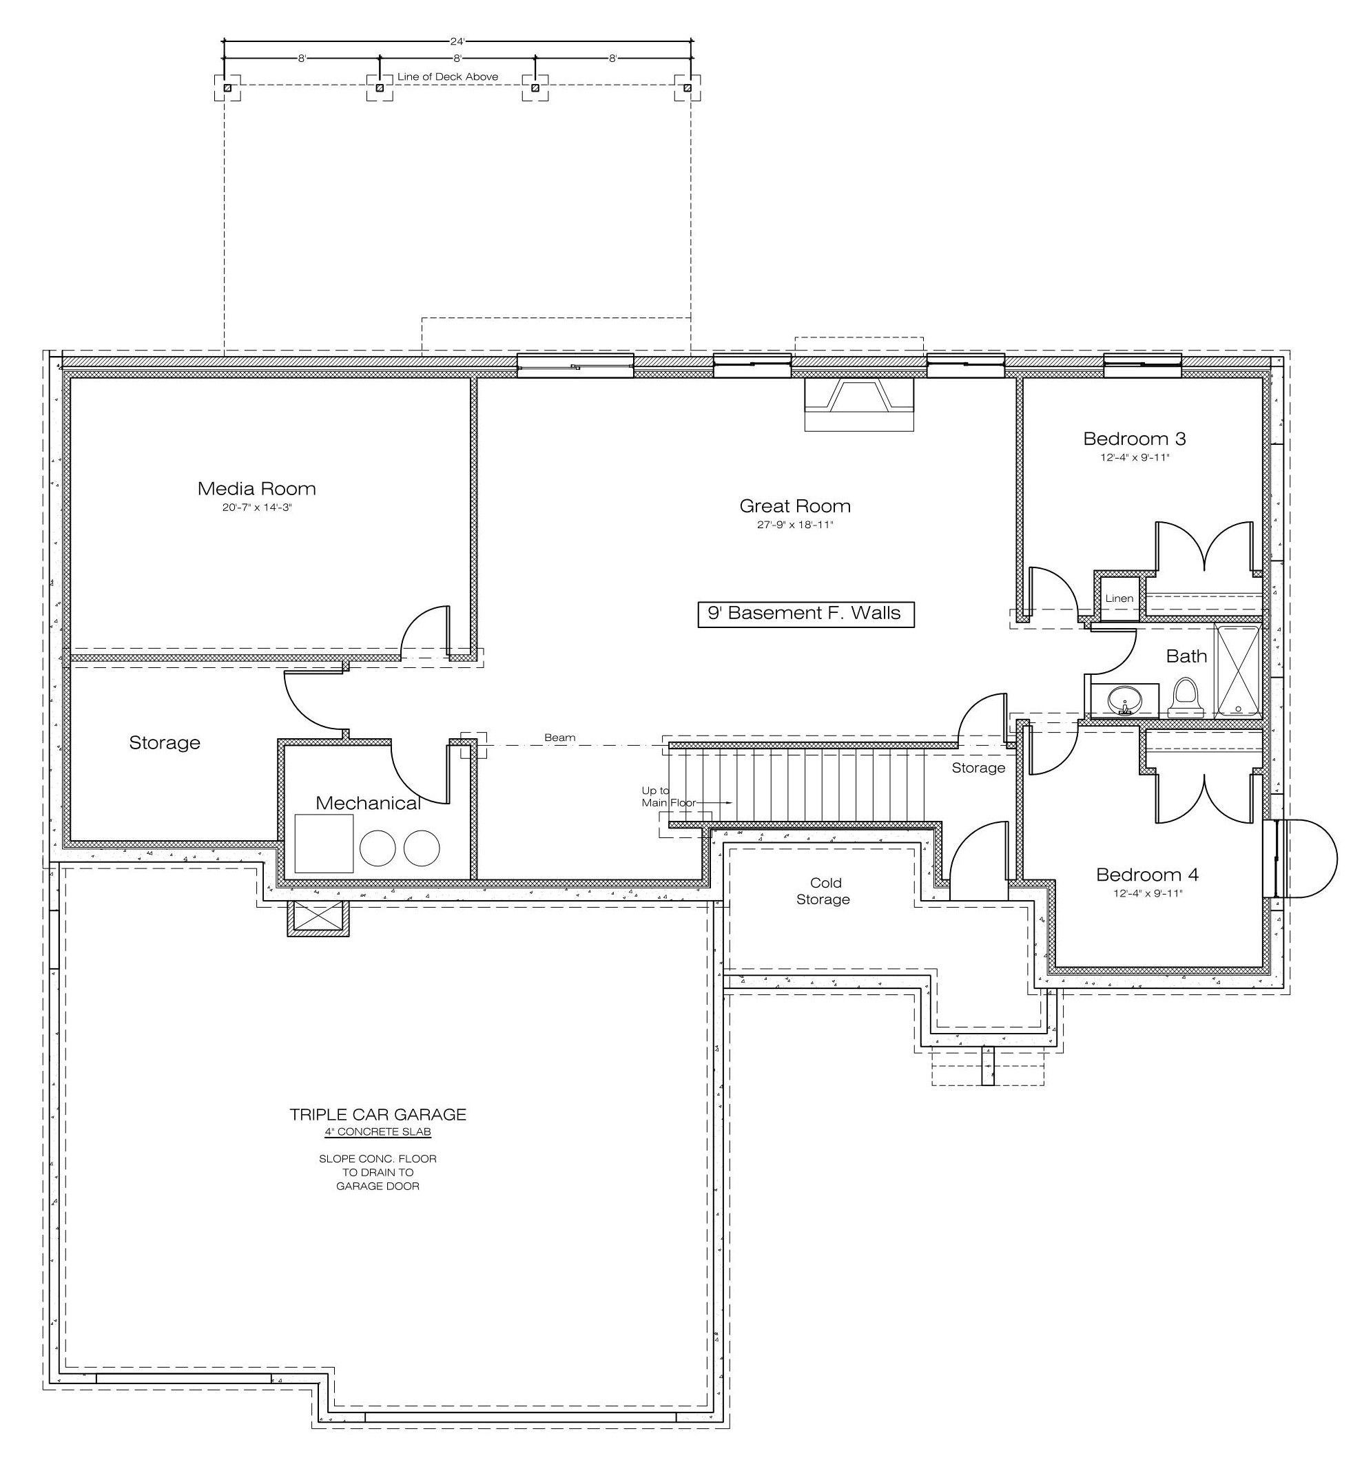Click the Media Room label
(256, 488)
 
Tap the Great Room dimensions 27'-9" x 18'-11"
(795, 525)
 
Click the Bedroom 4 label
(1147, 875)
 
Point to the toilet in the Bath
(1186, 698)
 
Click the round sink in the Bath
(1123, 701)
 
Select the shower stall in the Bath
(1237, 670)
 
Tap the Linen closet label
(1119, 598)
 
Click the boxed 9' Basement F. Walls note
(805, 613)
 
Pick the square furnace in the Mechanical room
(324, 843)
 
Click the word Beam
(559, 738)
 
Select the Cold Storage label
(824, 891)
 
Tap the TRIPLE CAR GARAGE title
(378, 1114)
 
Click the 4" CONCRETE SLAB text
(378, 1132)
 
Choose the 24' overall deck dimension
(457, 42)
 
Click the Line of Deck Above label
(447, 76)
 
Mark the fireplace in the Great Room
(860, 405)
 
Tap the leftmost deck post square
(227, 88)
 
